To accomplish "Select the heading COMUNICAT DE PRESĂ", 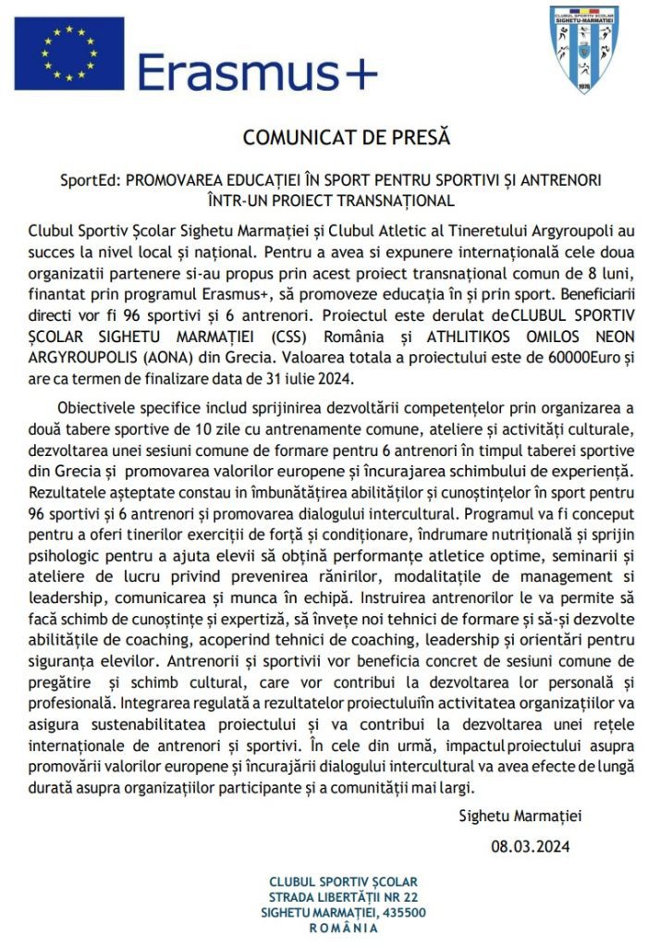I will pos(346,138).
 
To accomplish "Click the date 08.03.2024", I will pos(530,845).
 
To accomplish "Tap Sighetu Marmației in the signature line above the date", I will pos(520,816).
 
